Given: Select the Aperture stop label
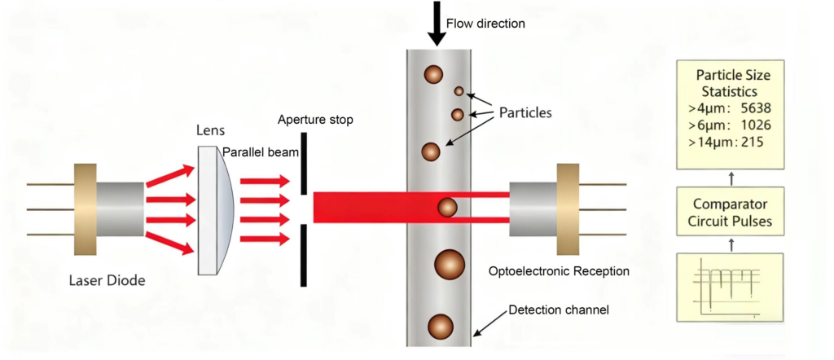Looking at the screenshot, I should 315,120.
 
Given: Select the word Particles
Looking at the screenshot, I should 522,112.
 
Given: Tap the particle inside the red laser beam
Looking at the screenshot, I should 447,208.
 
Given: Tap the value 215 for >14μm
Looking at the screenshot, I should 753,143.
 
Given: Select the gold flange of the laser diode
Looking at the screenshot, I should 85,209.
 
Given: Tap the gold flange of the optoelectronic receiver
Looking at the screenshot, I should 568,209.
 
